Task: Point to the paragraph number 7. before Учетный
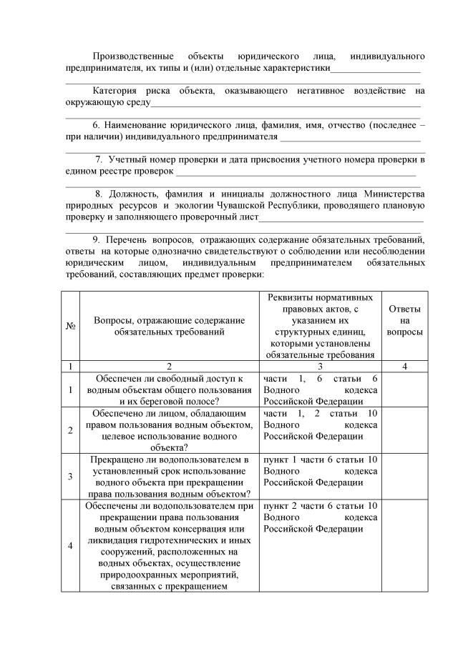tap(99, 160)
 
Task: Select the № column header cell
tap(71, 326)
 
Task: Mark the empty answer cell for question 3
tap(404, 476)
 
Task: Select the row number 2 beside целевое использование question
tap(71, 430)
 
